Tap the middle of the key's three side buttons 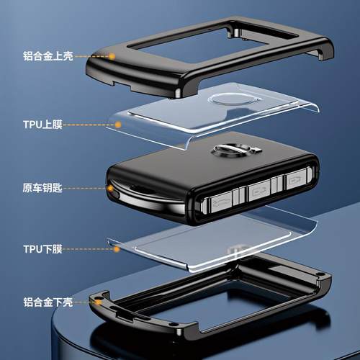258,192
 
